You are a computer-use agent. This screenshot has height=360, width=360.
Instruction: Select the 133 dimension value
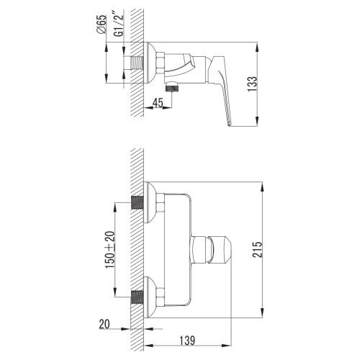(x=252, y=84)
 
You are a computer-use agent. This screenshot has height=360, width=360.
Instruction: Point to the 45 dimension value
(x=158, y=103)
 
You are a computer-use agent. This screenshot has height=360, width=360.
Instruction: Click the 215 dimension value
(x=258, y=250)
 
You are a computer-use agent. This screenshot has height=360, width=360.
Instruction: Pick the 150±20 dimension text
(x=110, y=250)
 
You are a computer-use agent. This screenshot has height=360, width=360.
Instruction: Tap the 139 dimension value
(x=187, y=340)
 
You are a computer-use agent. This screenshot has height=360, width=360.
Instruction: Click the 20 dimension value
(x=104, y=324)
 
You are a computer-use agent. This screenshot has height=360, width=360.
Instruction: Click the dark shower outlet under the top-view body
(x=172, y=87)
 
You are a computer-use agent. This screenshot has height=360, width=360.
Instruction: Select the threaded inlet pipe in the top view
(x=137, y=63)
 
